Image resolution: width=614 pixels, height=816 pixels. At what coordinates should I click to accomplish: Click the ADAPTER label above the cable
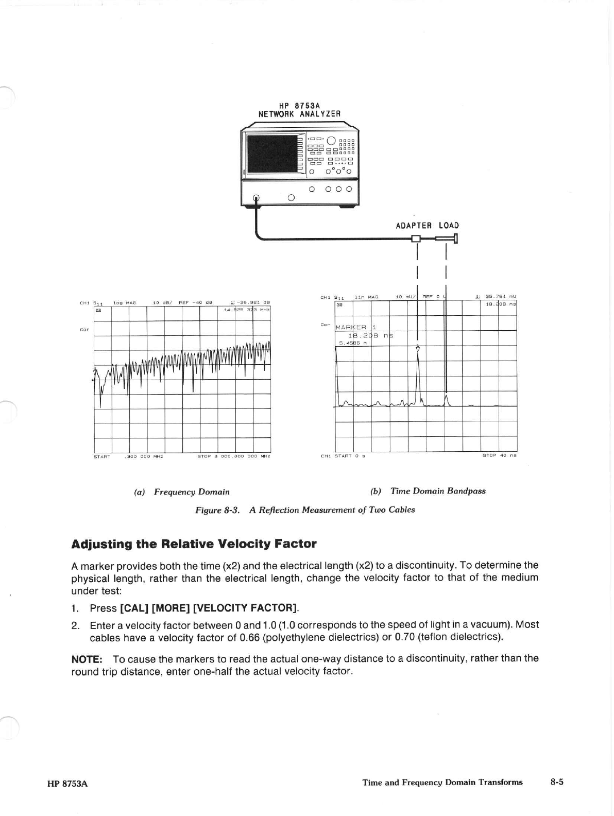coord(414,226)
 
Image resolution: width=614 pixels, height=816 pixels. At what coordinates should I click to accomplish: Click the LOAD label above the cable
coord(449,226)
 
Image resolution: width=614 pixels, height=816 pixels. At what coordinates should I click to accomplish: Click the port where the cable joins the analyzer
coord(256,198)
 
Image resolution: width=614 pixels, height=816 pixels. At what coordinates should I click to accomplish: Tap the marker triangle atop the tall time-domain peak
coord(418,349)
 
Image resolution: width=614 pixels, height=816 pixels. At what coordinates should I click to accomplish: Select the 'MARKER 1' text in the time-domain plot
coord(356,327)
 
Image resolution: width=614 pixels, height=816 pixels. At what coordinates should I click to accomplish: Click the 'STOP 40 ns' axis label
coord(499,455)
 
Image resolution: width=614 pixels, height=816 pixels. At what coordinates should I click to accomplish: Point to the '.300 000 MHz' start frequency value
coord(144,456)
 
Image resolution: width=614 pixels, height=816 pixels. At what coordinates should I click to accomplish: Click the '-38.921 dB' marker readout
coord(253,302)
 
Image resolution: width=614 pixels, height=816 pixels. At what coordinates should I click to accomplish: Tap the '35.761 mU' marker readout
coord(499,297)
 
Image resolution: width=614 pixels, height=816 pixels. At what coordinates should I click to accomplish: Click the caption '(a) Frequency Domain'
coord(182,492)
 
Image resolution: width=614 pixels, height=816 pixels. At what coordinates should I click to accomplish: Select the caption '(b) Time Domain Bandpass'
coord(428,491)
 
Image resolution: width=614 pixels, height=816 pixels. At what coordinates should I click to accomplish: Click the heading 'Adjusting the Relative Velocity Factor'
coord(194,544)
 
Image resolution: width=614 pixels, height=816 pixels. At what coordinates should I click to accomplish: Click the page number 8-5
coord(556,782)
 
